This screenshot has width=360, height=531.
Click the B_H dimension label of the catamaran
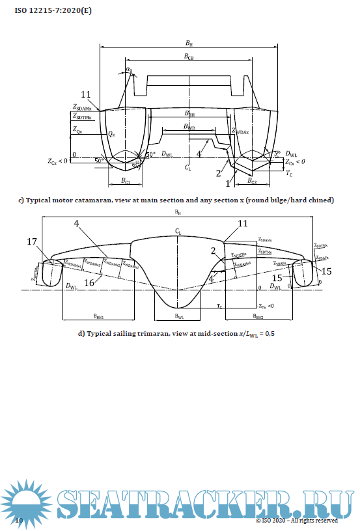coord(188,43)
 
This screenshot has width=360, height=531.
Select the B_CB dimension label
coord(188,57)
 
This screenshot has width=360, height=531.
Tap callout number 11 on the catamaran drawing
coord(87,94)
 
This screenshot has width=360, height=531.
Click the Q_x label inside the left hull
coord(111,133)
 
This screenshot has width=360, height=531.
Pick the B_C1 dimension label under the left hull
coord(126,182)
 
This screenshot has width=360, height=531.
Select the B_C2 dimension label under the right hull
coord(251,182)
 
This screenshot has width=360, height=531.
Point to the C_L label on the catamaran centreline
coord(187,168)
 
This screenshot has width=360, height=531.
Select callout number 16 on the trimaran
coord(89,282)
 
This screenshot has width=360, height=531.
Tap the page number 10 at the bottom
coord(19,521)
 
